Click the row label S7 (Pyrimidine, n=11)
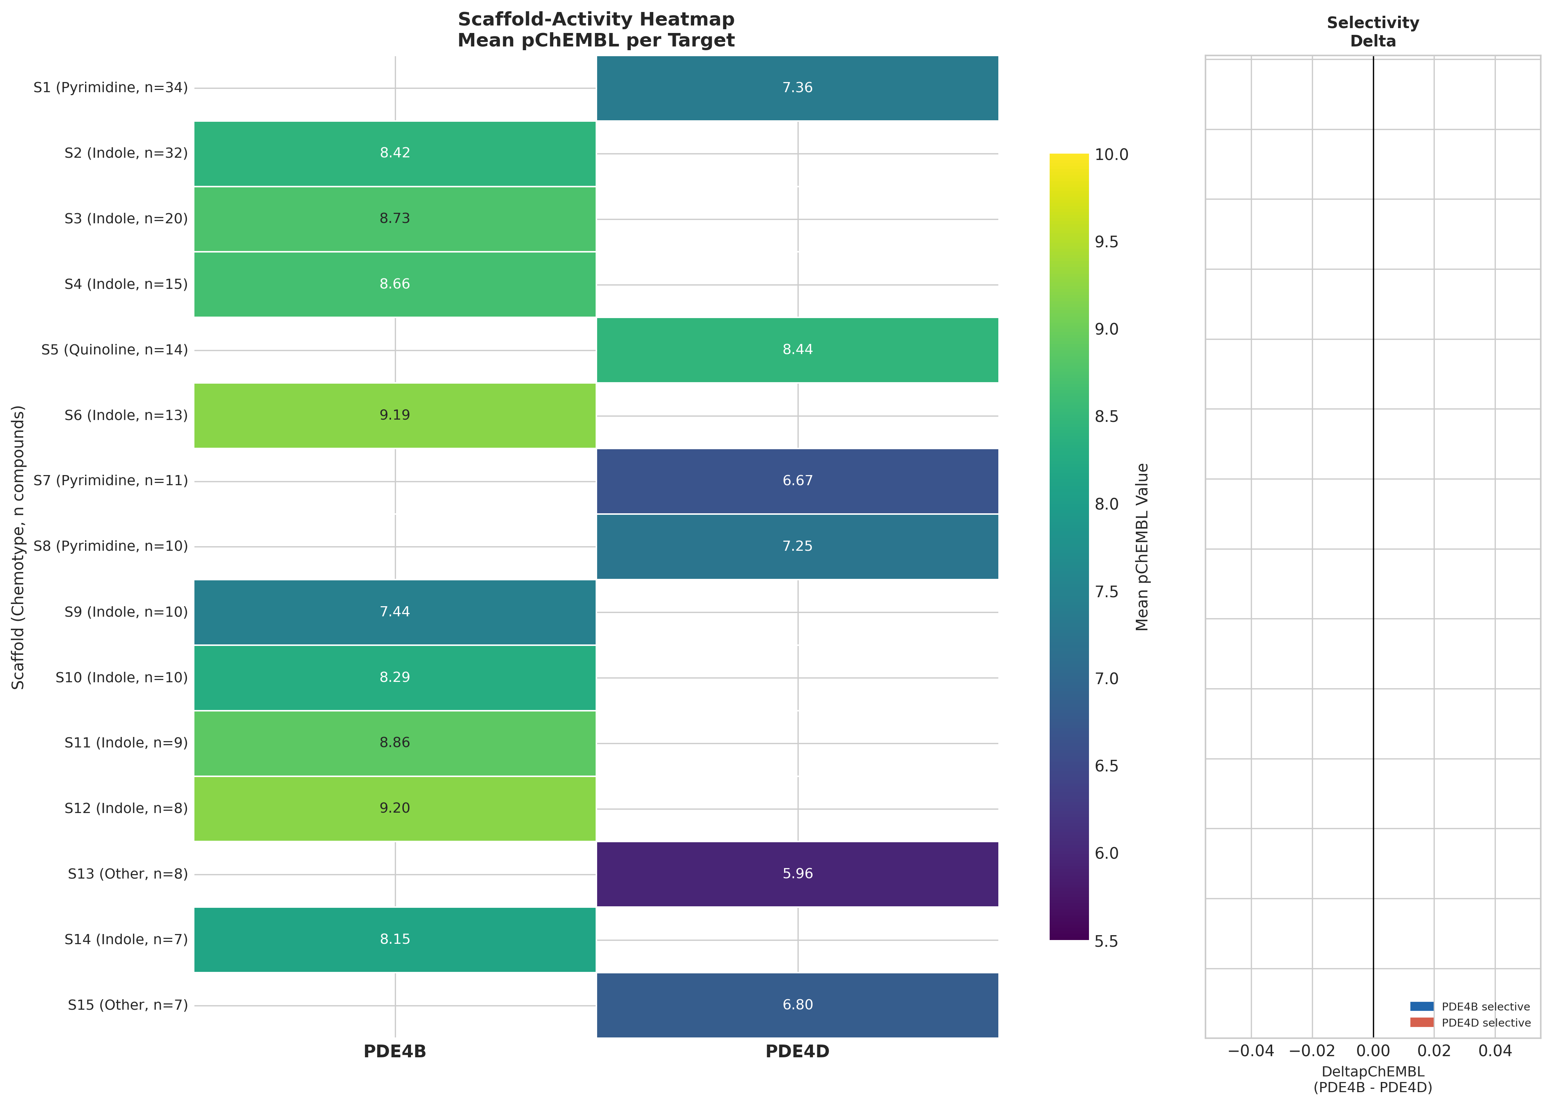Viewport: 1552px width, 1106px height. pyautogui.click(x=111, y=481)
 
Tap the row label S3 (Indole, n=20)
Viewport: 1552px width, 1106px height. pyautogui.click(x=126, y=218)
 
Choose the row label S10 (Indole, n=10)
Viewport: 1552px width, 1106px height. pyautogui.click(x=121, y=678)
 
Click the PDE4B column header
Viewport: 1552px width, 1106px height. pyautogui.click(x=394, y=1052)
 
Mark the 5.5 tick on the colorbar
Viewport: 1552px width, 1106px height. pyautogui.click(x=1106, y=941)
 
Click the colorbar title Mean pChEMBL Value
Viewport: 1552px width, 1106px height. pyautogui.click(x=1142, y=547)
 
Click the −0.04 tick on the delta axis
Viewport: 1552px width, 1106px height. pyautogui.click(x=1250, y=1052)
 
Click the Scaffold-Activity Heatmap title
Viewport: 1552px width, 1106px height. pyautogui.click(x=596, y=30)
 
